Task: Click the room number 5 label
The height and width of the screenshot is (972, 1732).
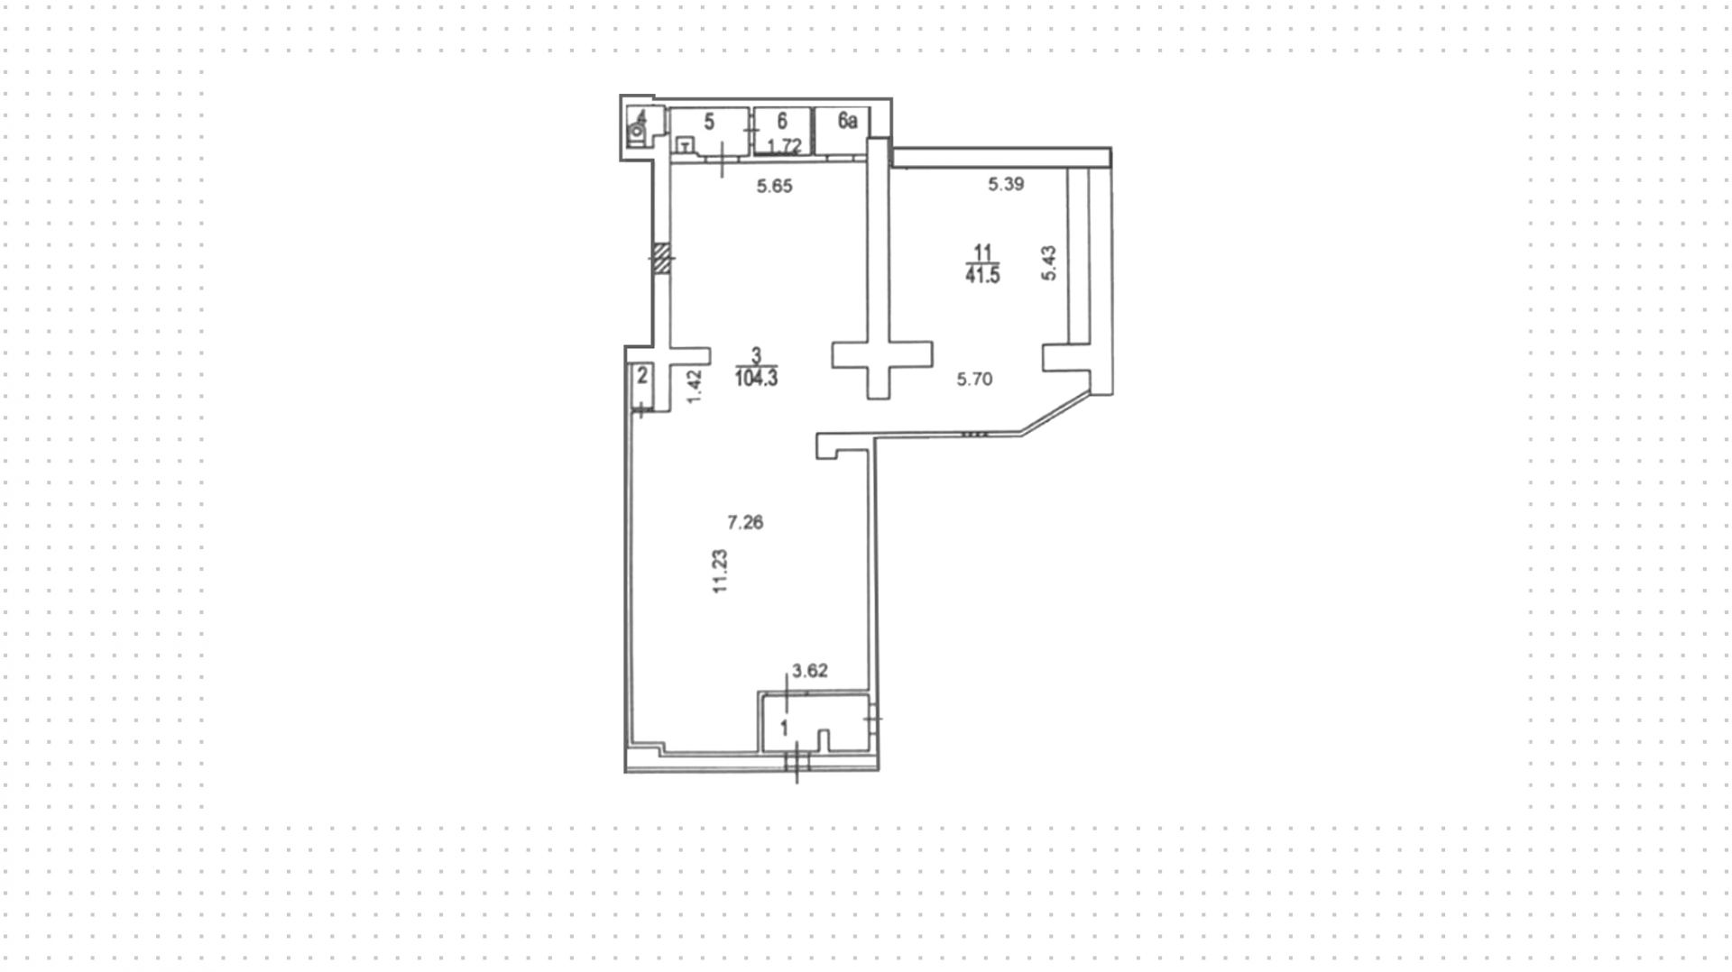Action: click(x=709, y=122)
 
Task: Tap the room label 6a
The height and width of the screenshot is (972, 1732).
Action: click(x=847, y=121)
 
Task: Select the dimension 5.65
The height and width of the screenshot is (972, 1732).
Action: click(x=774, y=187)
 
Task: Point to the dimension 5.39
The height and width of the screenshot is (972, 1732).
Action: click(x=1006, y=185)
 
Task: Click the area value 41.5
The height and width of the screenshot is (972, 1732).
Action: click(x=982, y=276)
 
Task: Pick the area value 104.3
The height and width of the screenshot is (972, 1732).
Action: click(x=756, y=379)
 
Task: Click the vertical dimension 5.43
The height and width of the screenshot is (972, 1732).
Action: click(x=1048, y=263)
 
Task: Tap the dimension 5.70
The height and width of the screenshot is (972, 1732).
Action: click(x=974, y=380)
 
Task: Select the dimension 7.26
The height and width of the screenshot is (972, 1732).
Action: click(x=745, y=522)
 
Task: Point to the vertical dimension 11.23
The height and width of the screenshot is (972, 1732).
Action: click(x=720, y=572)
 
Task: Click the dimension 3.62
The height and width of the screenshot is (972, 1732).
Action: click(x=809, y=671)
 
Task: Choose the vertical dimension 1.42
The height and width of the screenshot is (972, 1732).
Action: click(x=694, y=387)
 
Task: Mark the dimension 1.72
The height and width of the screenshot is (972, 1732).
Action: click(x=784, y=146)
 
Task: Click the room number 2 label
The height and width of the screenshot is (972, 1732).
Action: click(x=642, y=375)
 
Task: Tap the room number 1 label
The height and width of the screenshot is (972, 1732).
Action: click(x=784, y=727)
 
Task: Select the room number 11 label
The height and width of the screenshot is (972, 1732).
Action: click(x=982, y=252)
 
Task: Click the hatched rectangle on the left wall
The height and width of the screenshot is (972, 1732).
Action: click(x=662, y=258)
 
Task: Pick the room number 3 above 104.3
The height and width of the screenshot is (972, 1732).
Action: click(x=756, y=356)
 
